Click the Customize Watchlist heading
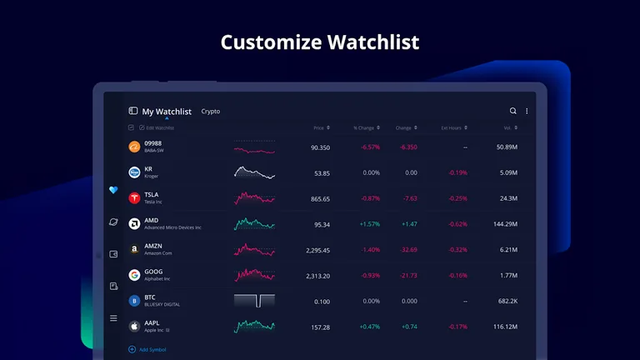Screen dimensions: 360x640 tap(320, 42)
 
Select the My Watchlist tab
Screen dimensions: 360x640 tap(166, 112)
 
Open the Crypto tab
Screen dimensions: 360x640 tap(211, 112)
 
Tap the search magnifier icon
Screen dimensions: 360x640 tap(513, 111)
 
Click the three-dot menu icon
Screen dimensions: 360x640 tap(527, 111)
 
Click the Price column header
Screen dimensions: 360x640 tap(318, 128)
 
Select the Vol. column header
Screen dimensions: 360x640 tap(507, 128)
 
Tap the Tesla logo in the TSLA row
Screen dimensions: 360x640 tap(134, 198)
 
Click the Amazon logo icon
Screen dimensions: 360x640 tap(134, 249)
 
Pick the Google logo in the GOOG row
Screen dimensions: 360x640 tap(134, 275)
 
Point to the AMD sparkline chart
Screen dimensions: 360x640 tap(254, 224)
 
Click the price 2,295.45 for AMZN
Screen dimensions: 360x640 tap(317, 250)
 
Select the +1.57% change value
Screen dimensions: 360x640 tap(369, 224)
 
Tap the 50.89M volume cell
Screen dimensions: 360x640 tap(507, 147)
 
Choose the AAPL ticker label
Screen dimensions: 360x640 tap(152, 322)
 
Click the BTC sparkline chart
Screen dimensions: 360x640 tap(254, 301)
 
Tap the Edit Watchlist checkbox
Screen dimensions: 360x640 tap(131, 128)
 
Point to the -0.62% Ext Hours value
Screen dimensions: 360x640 tap(457, 224)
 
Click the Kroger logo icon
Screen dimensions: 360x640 tap(134, 172)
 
